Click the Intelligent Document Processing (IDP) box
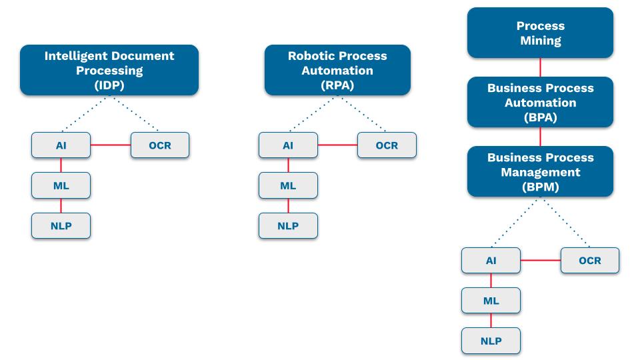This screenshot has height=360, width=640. coord(109,70)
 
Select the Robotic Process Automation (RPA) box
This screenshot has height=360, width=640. coord(337,70)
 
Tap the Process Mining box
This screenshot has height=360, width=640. coord(541,33)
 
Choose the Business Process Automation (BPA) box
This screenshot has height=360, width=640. coord(541,102)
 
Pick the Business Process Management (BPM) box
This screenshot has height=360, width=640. coord(541,171)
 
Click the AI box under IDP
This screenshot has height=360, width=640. coord(61,145)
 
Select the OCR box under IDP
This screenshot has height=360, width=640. coord(160,145)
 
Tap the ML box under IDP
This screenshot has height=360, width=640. coord(61,185)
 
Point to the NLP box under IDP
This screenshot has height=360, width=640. coord(61,226)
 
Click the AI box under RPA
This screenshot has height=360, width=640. coord(288,145)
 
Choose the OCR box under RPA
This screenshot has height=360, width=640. coord(387,145)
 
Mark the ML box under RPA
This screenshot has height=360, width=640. coord(288,185)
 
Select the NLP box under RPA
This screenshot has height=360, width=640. coord(288,226)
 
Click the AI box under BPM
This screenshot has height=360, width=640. coord(491,261)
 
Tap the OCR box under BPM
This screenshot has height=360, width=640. coord(590,261)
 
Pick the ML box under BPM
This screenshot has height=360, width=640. coord(491,301)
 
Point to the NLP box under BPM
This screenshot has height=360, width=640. coord(491,341)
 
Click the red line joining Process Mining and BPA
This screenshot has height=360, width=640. coord(541,67)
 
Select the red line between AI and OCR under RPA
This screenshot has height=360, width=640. coord(337,145)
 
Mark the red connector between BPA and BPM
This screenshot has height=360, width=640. coord(541,137)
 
